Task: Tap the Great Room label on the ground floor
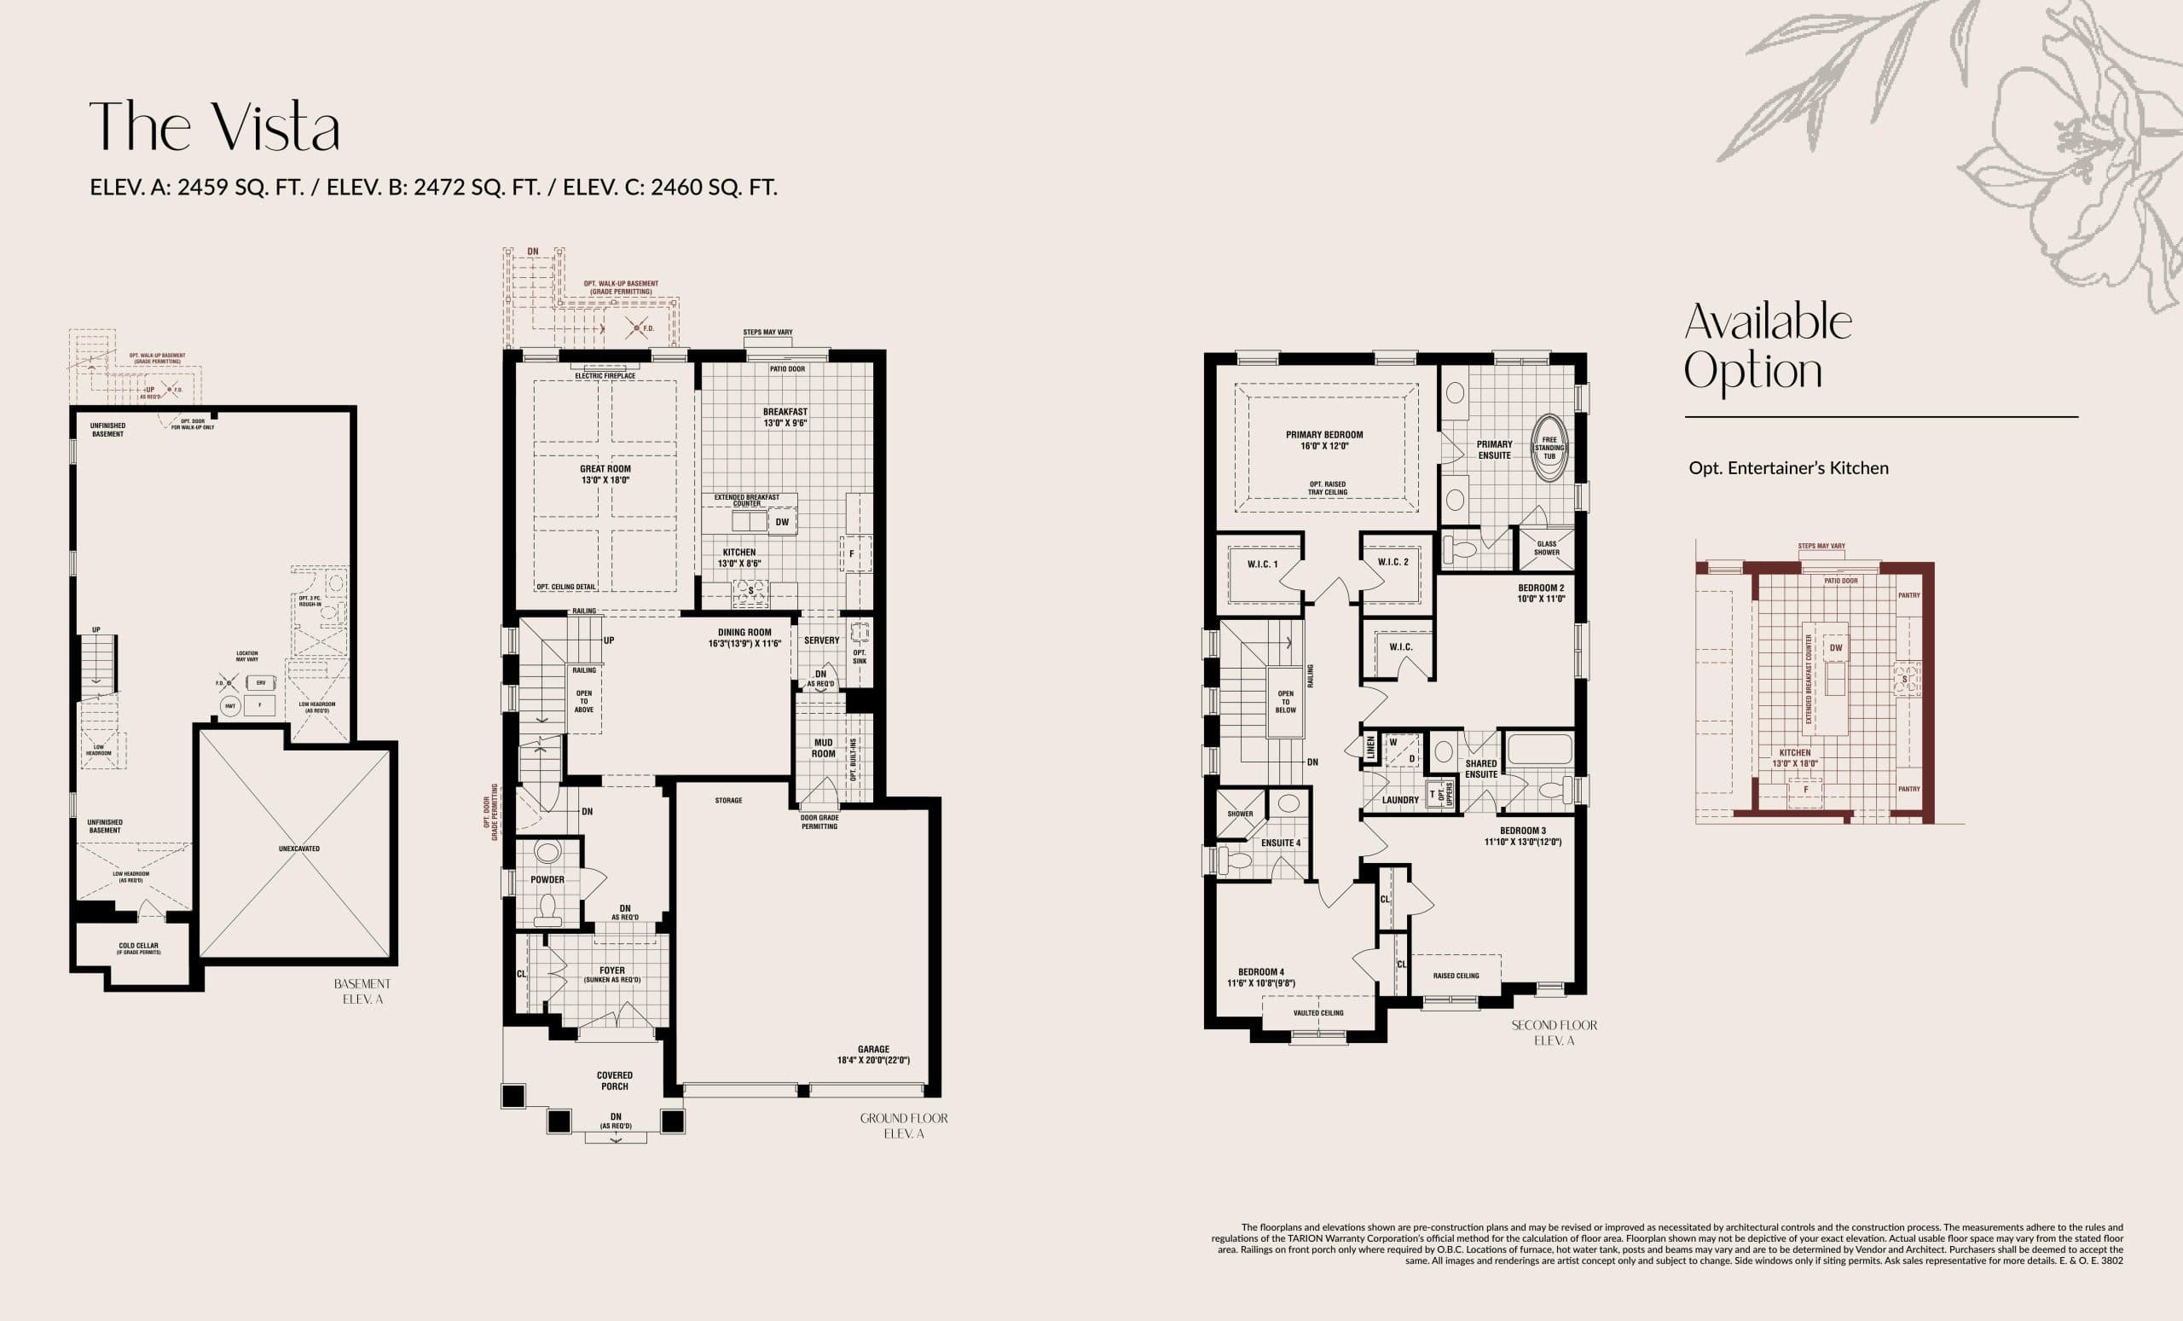point(605,474)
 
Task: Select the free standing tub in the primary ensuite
point(1549,448)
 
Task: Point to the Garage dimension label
point(872,1054)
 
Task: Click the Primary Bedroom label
point(1323,440)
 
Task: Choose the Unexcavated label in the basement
point(298,849)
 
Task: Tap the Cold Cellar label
point(138,947)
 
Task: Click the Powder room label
point(547,880)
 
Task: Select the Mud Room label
point(823,748)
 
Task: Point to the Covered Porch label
point(614,1080)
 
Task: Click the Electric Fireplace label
point(605,375)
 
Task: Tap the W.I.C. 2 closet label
point(1393,562)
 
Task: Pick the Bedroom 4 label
point(1260,976)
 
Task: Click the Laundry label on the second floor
point(1400,800)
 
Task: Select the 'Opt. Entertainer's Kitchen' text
point(1788,468)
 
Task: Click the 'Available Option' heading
point(1767,346)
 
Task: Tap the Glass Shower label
point(1547,548)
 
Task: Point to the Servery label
point(821,640)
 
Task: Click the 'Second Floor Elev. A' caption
point(1554,1032)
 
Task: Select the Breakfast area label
point(785,417)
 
